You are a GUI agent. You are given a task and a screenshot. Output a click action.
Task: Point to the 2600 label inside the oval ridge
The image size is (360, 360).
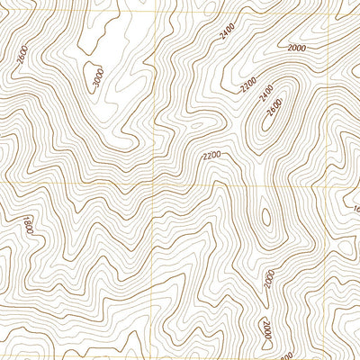[275, 109]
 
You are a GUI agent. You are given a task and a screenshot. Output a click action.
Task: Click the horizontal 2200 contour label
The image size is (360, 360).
[212, 156]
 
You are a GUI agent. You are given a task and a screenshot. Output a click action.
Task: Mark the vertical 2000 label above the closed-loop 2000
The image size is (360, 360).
[268, 278]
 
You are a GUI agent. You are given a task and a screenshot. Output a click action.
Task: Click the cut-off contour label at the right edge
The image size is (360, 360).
[355, 209]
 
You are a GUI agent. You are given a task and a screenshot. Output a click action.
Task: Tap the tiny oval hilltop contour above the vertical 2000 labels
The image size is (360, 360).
[265, 217]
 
